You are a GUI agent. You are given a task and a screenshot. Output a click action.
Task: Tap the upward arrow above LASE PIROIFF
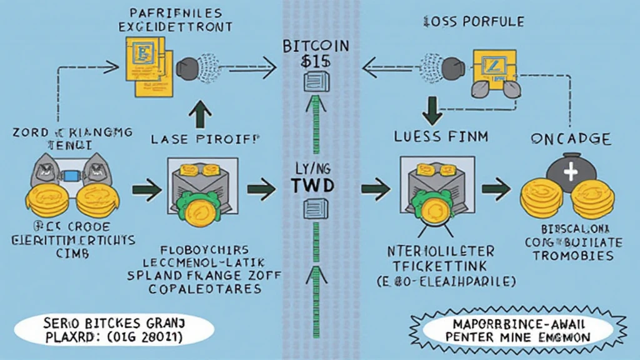coord(204,116)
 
